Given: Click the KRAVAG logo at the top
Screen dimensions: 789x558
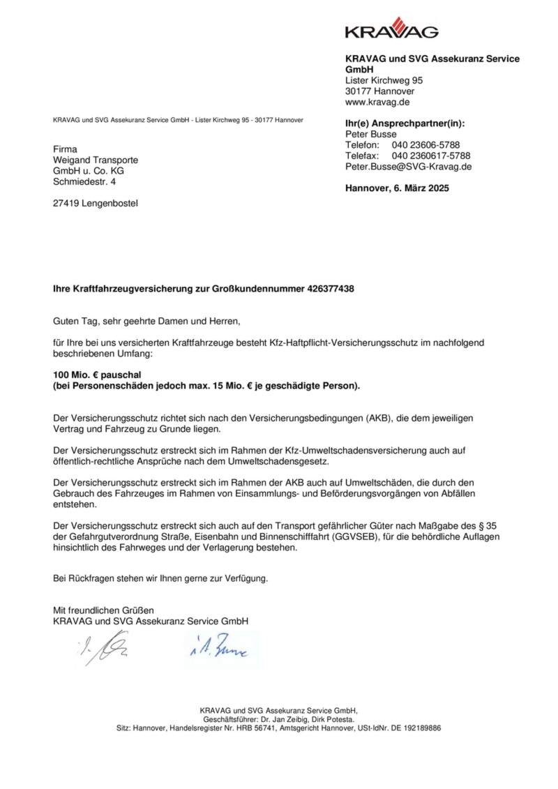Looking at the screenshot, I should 391,29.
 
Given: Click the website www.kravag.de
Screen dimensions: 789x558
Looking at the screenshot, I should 377,103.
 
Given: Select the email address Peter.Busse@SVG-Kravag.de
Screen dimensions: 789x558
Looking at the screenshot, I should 409,167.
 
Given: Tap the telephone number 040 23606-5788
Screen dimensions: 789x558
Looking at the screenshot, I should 425,145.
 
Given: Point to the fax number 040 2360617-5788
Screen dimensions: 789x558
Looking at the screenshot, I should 431,156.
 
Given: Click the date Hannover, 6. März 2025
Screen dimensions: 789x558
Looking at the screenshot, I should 398,188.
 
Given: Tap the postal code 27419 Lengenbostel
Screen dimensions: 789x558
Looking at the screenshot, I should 96,204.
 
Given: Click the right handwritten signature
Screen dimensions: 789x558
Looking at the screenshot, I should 217,649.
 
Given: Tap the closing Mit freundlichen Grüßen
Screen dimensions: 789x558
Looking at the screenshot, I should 103,610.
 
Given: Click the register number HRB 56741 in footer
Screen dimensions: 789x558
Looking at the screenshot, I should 254,728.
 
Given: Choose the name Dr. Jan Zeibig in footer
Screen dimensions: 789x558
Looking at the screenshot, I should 285,719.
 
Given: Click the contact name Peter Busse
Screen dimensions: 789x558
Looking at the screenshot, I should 371,134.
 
